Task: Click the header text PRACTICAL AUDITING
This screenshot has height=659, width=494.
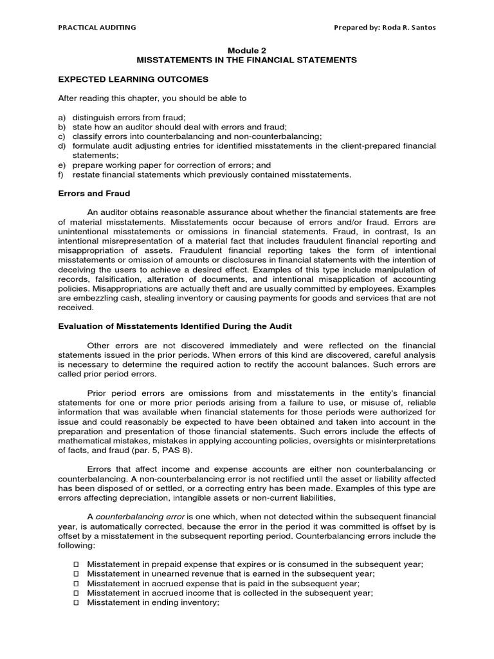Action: (96, 27)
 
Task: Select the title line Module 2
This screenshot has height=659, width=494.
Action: (246, 50)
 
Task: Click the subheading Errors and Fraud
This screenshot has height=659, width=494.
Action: (94, 194)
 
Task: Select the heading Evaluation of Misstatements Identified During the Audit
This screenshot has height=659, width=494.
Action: (176, 326)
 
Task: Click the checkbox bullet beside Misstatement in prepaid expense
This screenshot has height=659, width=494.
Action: (75, 564)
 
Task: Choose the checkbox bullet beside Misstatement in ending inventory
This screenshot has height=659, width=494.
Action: (75, 603)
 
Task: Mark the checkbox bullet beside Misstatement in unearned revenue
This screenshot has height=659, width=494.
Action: (75, 574)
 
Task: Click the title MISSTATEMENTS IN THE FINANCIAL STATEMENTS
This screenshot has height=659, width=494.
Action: (246, 60)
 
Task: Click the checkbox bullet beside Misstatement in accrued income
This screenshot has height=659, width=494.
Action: (75, 593)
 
